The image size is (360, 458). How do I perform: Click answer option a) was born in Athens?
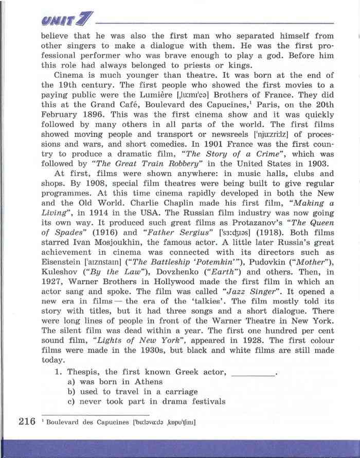115,382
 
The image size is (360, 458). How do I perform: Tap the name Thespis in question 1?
84,372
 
